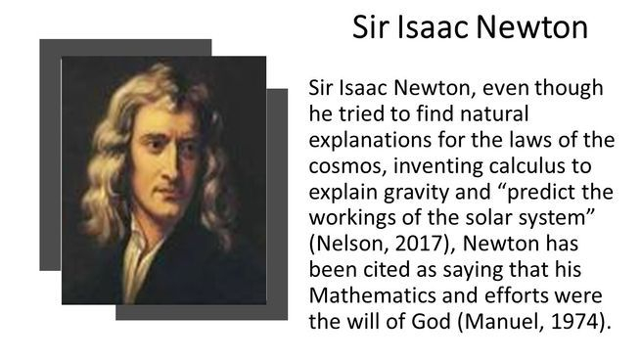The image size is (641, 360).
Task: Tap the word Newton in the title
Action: point(532,27)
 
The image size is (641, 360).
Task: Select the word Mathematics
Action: point(373,295)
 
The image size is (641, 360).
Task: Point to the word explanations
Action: point(370,140)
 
